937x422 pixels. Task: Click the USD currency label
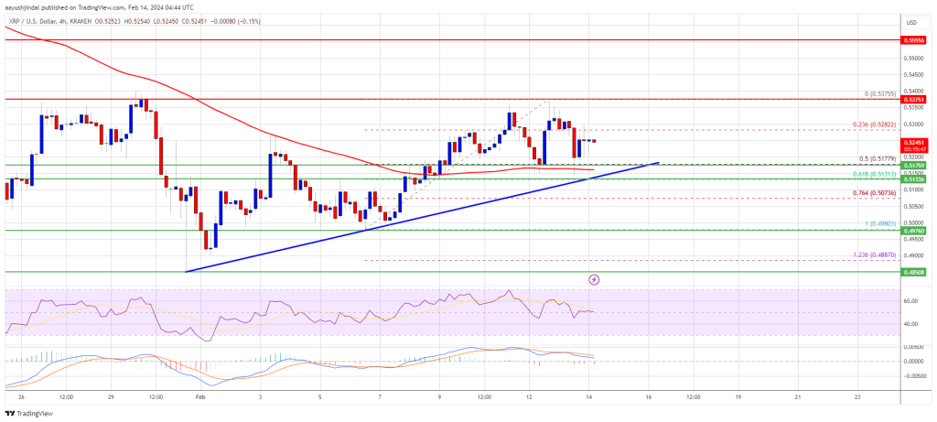point(911,22)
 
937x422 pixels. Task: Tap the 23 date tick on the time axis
point(856,397)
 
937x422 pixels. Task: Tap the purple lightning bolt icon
point(594,278)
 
